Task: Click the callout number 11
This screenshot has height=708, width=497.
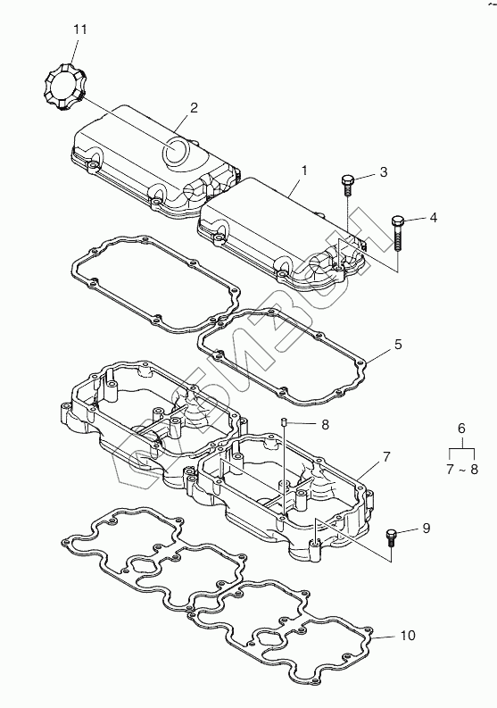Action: (80, 29)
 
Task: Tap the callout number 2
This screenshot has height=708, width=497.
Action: (194, 108)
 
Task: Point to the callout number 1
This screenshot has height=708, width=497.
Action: (304, 171)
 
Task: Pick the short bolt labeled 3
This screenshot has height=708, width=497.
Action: (348, 186)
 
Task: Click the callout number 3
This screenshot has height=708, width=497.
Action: (384, 172)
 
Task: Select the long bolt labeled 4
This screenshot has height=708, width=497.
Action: (397, 233)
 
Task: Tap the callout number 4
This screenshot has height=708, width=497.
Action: (433, 218)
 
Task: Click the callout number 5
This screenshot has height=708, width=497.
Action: (398, 345)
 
